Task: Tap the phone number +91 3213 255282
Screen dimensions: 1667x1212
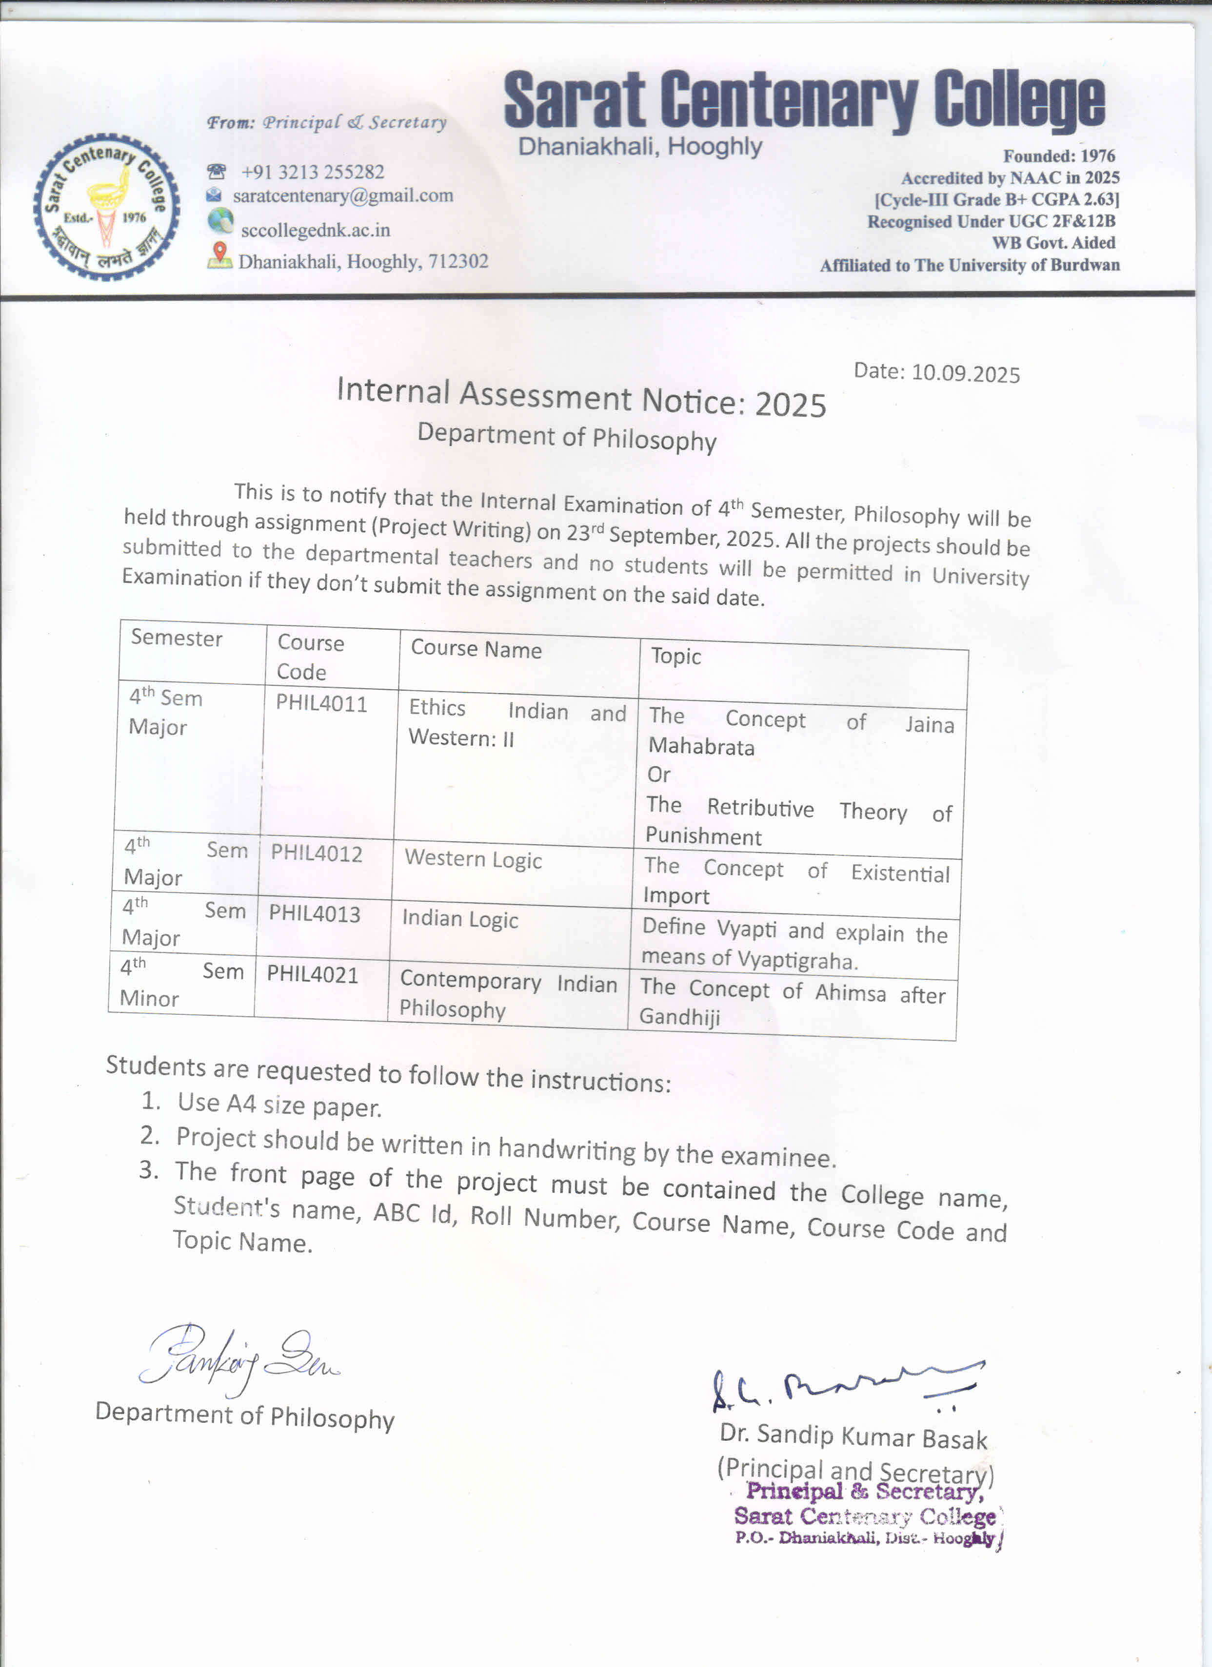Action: tap(313, 172)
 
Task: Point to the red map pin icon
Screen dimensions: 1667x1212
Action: tap(219, 255)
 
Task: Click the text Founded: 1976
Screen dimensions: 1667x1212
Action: tap(1059, 156)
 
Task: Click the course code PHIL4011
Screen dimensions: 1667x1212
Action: tap(321, 703)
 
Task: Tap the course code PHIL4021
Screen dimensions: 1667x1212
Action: tap(313, 975)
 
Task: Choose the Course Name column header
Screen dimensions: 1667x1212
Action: tap(476, 649)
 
